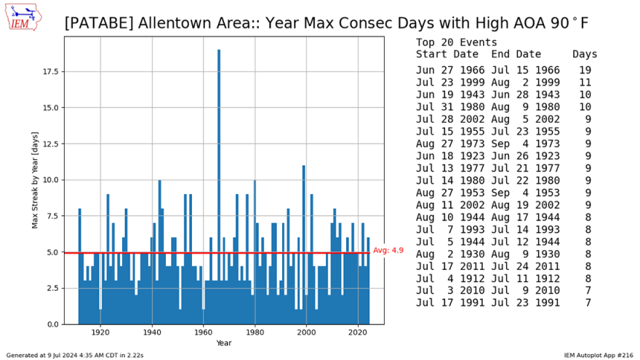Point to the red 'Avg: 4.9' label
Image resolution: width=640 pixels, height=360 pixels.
[x=388, y=250]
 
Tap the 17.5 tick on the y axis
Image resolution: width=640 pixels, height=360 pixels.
[x=49, y=72]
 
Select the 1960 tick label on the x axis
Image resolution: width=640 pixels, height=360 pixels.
[x=203, y=332]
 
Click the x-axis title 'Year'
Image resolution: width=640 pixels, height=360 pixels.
[x=224, y=343]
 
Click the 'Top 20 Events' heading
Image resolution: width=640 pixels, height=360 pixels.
[x=457, y=42]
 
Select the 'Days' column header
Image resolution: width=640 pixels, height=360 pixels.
[x=584, y=54]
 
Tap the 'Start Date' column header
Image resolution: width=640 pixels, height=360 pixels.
[x=447, y=54]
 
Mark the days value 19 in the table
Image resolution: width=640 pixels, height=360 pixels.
[x=585, y=71]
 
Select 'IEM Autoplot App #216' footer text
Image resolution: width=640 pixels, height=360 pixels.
[x=600, y=355]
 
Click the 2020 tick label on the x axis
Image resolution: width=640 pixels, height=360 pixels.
[x=357, y=332]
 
